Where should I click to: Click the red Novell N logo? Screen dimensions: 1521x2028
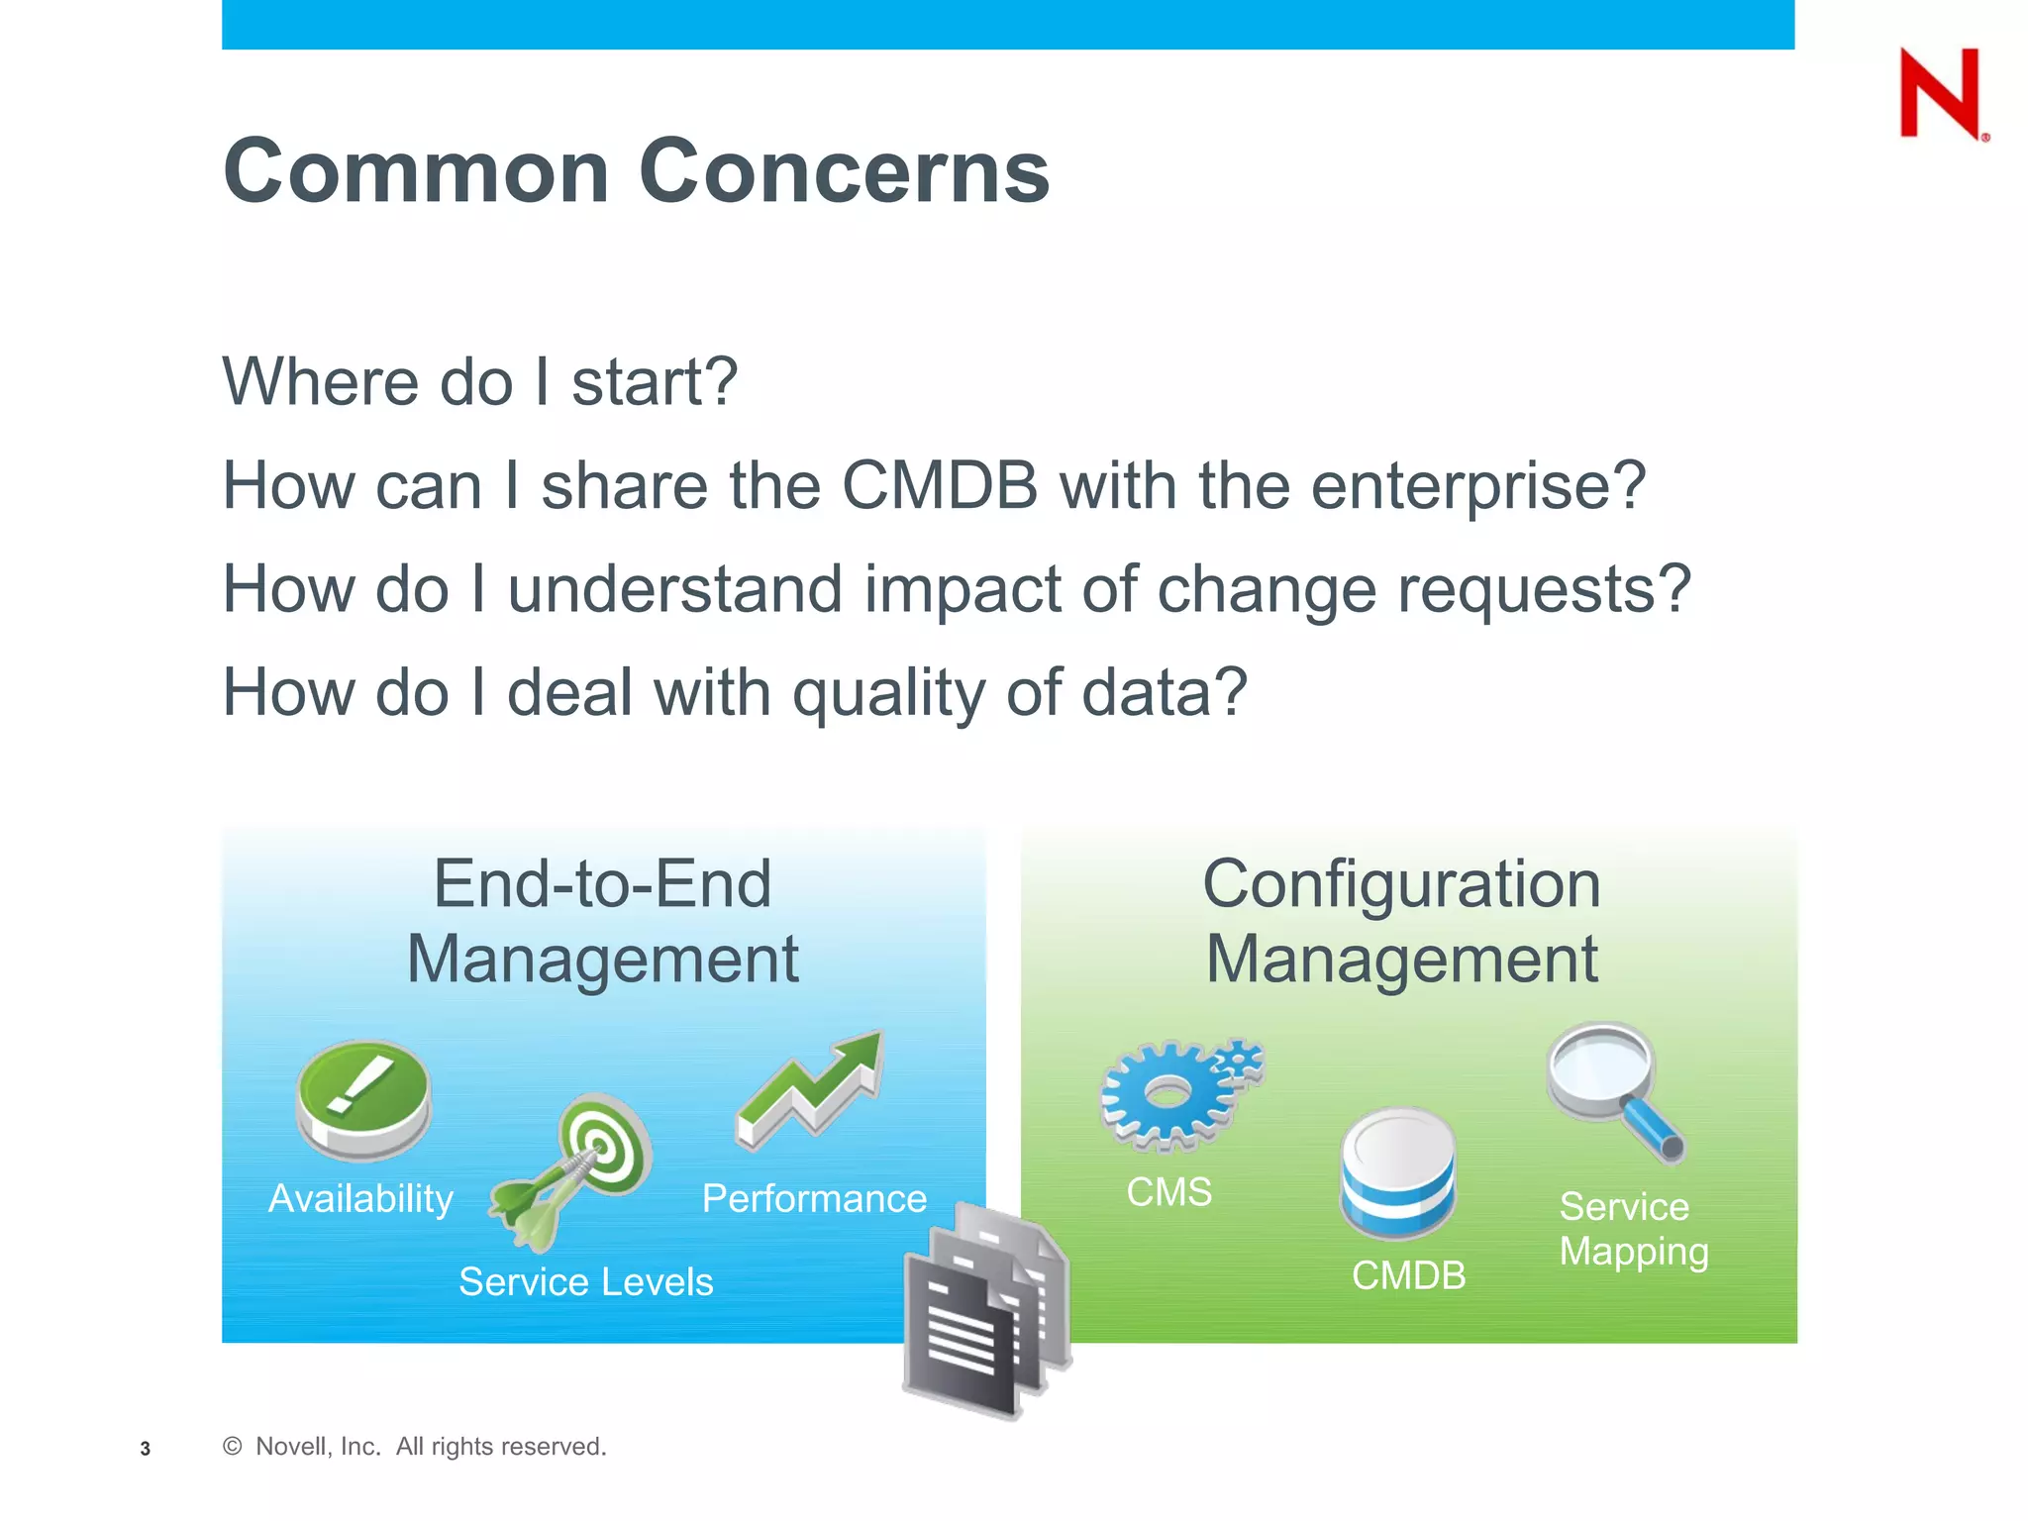coord(1941,94)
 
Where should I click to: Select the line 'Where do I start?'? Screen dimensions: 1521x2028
coord(479,382)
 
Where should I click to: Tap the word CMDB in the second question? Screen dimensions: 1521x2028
coord(939,486)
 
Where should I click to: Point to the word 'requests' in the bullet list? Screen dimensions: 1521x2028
coord(1525,590)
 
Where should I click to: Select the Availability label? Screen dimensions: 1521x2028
coord(360,1199)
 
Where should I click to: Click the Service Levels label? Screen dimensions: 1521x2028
coord(585,1282)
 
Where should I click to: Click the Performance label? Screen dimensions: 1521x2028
coord(814,1199)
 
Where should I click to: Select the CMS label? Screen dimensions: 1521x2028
coord(1168,1192)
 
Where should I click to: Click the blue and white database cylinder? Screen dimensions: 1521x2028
coord(1397,1173)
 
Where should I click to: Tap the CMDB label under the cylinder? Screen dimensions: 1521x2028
coord(1408,1275)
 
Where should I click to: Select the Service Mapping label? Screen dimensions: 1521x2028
coord(1633,1229)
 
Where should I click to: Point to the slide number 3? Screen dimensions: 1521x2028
coord(146,1449)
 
